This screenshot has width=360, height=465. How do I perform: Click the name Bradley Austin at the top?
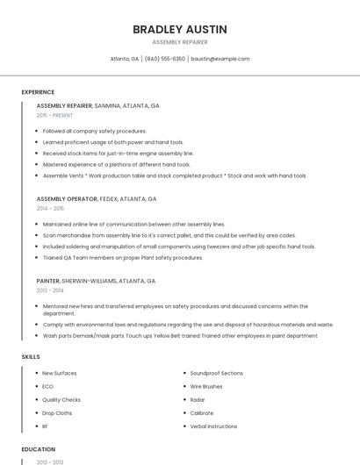pyautogui.click(x=179, y=29)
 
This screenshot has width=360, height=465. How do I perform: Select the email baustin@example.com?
pyautogui.click(x=220, y=59)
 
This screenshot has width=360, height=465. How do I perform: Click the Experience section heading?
pyautogui.click(x=38, y=92)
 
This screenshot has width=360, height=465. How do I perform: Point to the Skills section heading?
pyautogui.click(x=31, y=357)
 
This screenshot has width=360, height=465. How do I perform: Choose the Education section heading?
pyautogui.click(x=39, y=449)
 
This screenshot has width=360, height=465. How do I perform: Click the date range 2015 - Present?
pyautogui.click(x=54, y=115)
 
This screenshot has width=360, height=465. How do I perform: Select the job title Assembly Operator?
pyautogui.click(x=67, y=199)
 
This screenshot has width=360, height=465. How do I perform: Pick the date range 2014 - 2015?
pyautogui.click(x=50, y=209)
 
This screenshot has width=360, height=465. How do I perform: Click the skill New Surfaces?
pyautogui.click(x=60, y=373)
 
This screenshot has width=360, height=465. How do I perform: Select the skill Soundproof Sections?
pyautogui.click(x=216, y=373)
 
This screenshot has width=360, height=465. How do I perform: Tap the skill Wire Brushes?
pyautogui.click(x=206, y=386)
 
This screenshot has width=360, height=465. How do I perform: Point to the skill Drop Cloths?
pyautogui.click(x=57, y=413)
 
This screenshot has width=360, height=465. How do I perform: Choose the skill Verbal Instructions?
pyautogui.click(x=213, y=426)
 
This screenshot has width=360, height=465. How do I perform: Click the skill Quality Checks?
pyautogui.click(x=61, y=399)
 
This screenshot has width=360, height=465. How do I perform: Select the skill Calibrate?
pyautogui.click(x=202, y=413)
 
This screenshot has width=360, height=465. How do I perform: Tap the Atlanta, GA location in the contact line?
pyautogui.click(x=125, y=59)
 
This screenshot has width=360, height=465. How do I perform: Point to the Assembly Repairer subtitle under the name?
pyautogui.click(x=179, y=42)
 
